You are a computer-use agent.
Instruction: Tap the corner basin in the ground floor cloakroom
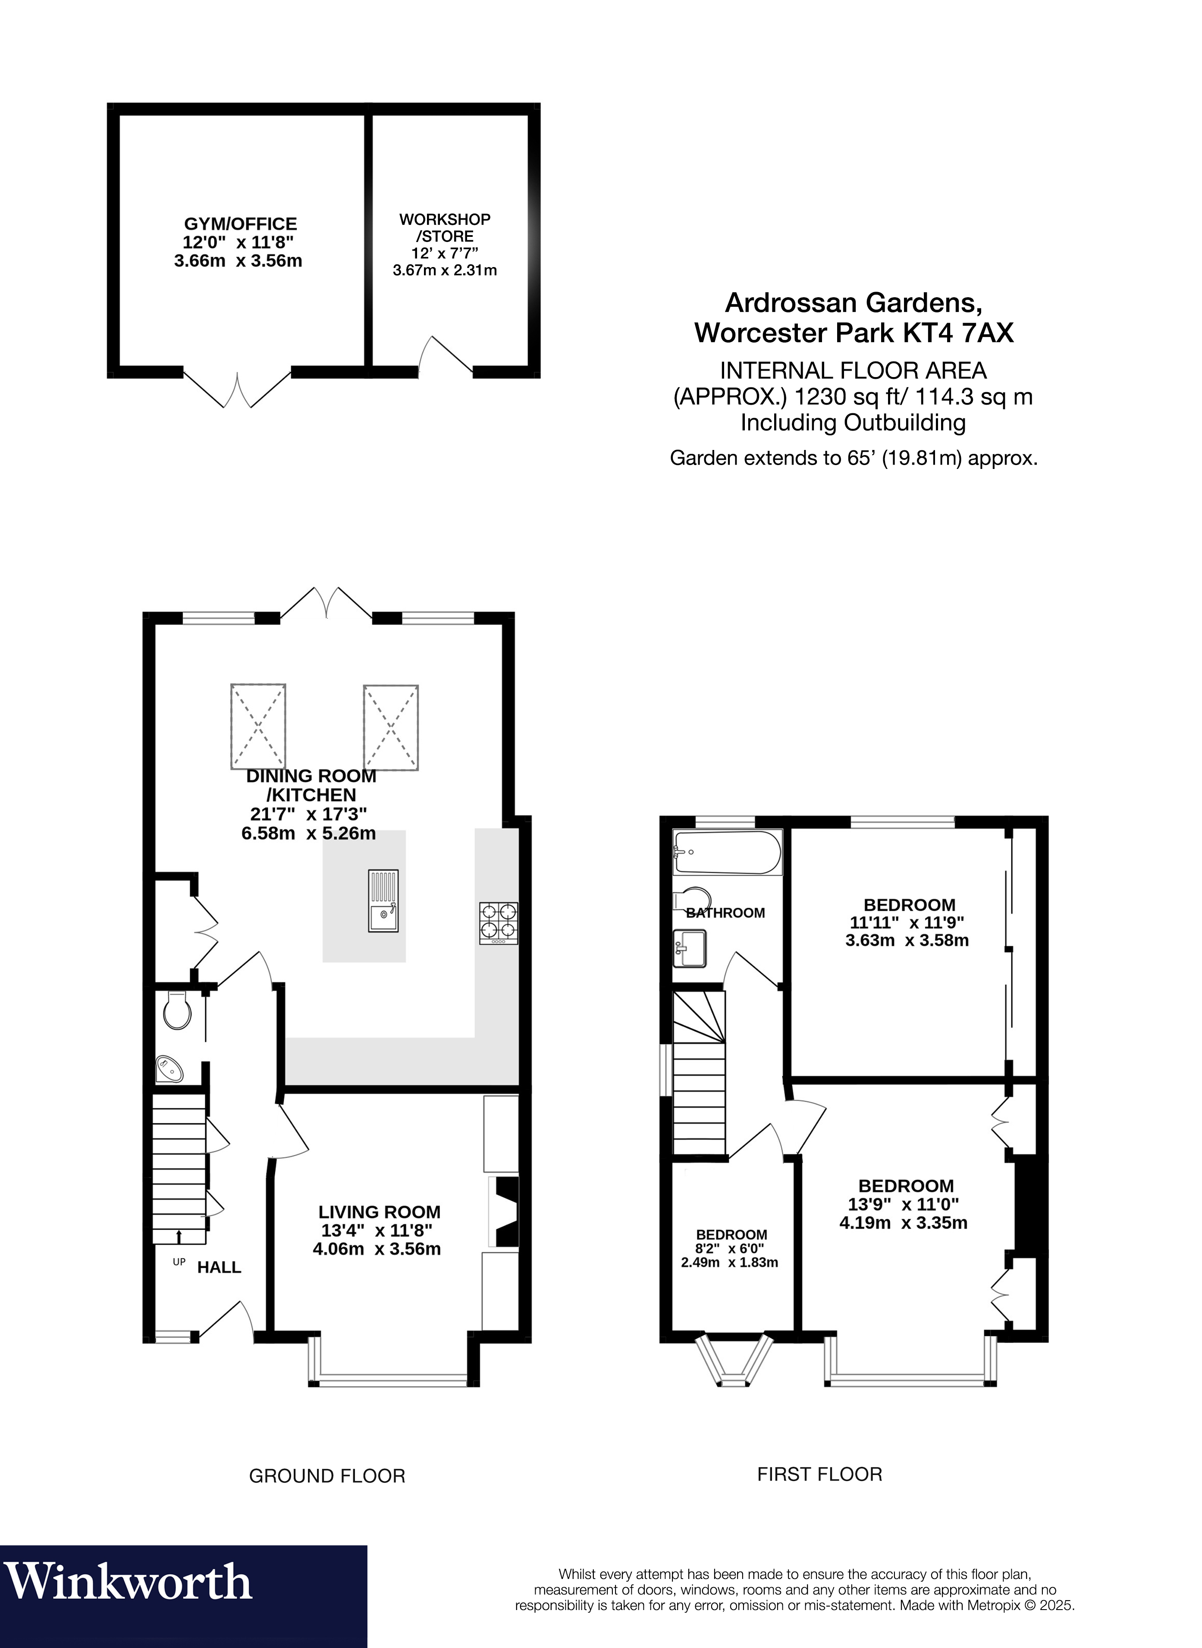[171, 1069]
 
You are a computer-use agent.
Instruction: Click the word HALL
[219, 1267]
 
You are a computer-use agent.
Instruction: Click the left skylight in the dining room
[258, 727]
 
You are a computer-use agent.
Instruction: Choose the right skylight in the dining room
[392, 727]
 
